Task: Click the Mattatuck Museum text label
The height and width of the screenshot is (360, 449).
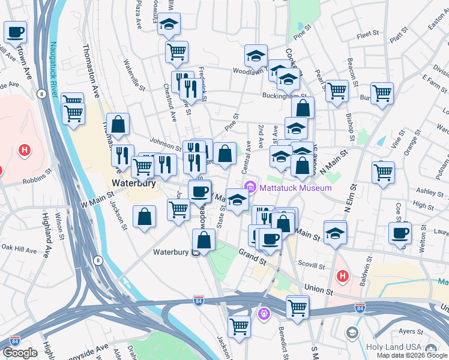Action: coord(295,188)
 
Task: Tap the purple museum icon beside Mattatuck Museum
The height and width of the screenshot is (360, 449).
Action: coord(252,188)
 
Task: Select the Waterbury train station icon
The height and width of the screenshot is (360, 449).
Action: coord(196,253)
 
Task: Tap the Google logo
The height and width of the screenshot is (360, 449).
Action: coord(20,353)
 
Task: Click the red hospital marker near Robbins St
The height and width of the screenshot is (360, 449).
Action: coord(25,149)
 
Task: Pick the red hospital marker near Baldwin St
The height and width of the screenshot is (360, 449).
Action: coord(342,276)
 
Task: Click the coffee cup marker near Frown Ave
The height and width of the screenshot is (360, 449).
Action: coord(16,32)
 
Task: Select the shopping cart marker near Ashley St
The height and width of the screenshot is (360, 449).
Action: coord(383,172)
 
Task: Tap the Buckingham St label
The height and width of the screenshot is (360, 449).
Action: coord(284,95)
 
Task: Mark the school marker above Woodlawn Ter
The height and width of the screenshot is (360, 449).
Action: coord(256,55)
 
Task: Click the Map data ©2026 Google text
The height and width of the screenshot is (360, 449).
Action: coord(412,355)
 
